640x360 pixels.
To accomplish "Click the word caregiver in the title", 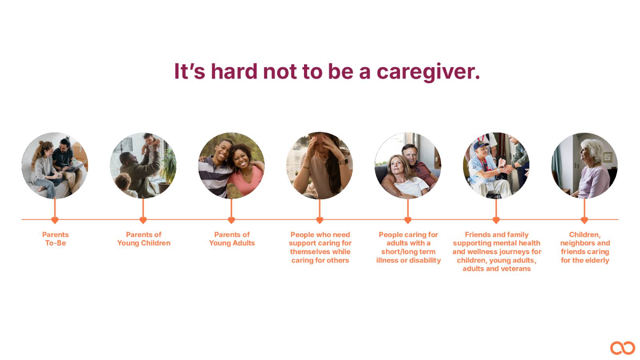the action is pyautogui.click(x=428, y=72).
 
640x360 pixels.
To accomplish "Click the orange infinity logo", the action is pyautogui.click(x=622, y=348).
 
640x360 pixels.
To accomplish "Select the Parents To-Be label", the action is pyautogui.click(x=56, y=239).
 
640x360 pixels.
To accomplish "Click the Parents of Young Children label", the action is pyautogui.click(x=144, y=239).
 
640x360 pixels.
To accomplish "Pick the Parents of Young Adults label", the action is pyautogui.click(x=232, y=239).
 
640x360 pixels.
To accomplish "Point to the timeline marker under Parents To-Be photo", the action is pyautogui.click(x=55, y=220).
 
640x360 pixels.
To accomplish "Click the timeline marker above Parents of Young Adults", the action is pyautogui.click(x=232, y=220).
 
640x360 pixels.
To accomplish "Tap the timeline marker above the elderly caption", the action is pyautogui.click(x=584, y=220).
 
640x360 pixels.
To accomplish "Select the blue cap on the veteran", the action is pyautogui.click(x=481, y=146).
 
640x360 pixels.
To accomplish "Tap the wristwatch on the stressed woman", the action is pyautogui.click(x=344, y=162).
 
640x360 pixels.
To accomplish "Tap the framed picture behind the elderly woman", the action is pyautogui.click(x=608, y=156).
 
